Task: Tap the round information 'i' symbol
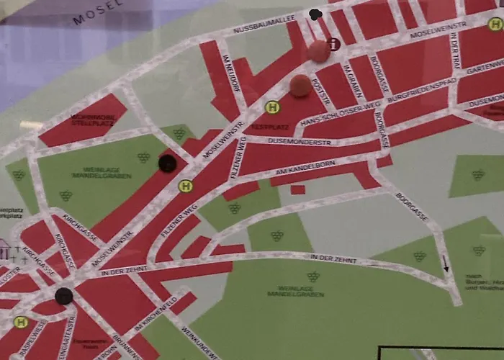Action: click(334, 44)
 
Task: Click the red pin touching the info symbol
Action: click(318, 51)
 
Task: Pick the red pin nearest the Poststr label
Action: click(300, 86)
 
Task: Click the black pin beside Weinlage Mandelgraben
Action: click(167, 163)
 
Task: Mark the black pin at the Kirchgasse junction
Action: click(64, 295)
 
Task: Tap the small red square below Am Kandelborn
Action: click(297, 189)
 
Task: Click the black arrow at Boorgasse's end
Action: click(446, 264)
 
